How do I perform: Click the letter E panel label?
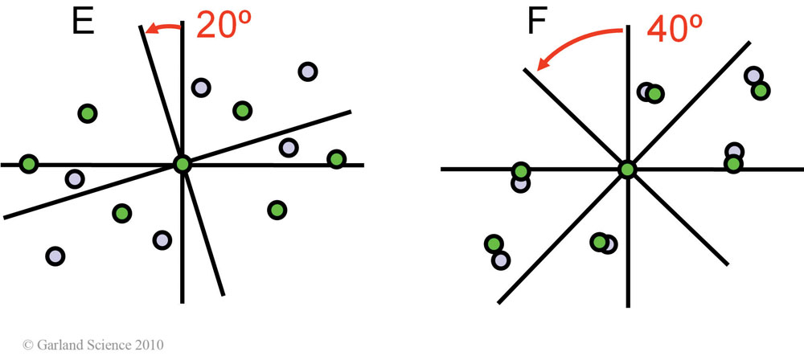pyautogui.click(x=83, y=22)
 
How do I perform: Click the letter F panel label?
pyautogui.click(x=537, y=22)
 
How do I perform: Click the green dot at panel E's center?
pyautogui.click(x=183, y=165)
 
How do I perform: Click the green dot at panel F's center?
pyautogui.click(x=626, y=169)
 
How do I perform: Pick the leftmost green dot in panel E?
pyautogui.click(x=29, y=165)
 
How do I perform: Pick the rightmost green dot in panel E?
pyautogui.click(x=336, y=159)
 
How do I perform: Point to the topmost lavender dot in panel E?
pyautogui.click(x=307, y=72)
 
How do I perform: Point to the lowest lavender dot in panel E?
pyautogui.click(x=55, y=256)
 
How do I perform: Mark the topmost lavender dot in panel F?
pyautogui.click(x=753, y=76)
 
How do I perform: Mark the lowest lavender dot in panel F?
pyautogui.click(x=500, y=260)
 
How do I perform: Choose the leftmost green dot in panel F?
pyautogui.click(x=494, y=243)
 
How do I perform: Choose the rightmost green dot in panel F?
pyautogui.click(x=760, y=90)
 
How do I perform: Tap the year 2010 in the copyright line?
pyautogui.click(x=150, y=345)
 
